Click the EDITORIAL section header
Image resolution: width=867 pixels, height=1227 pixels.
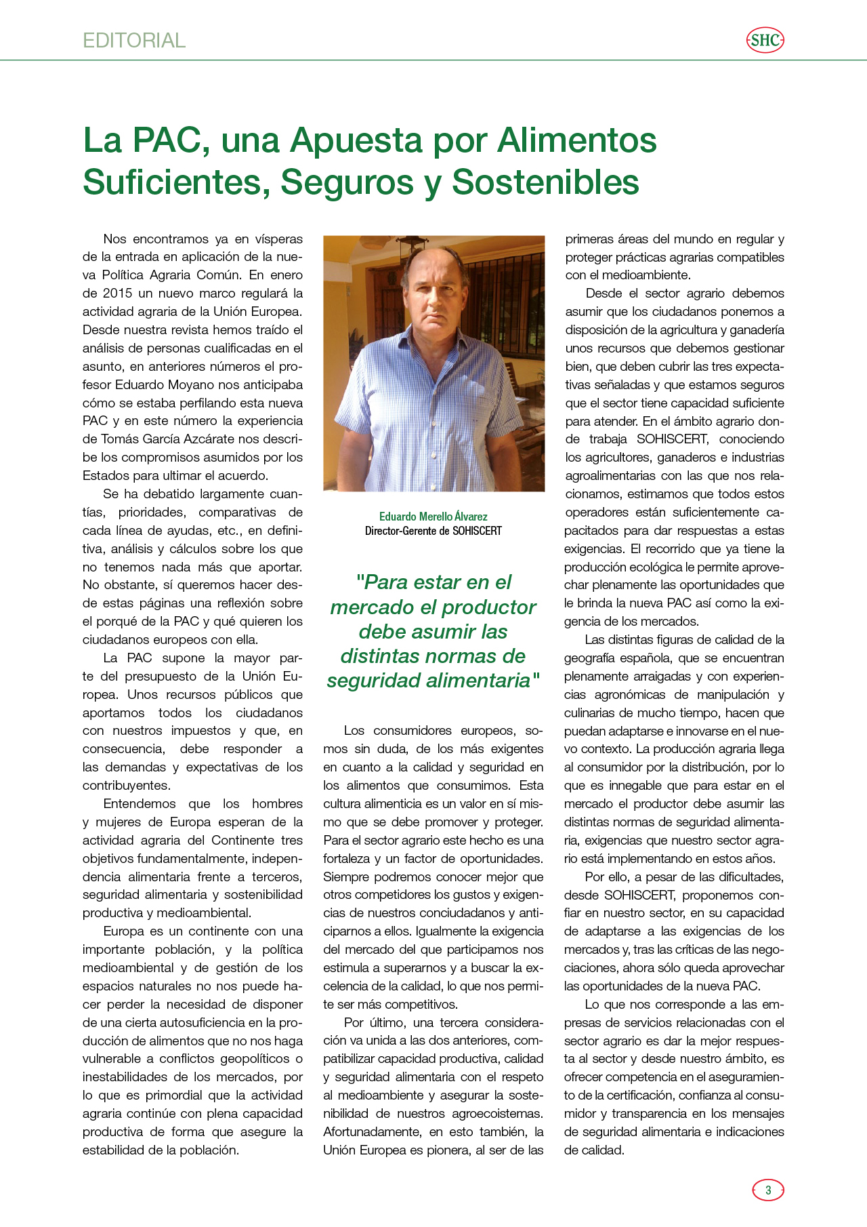click(x=134, y=41)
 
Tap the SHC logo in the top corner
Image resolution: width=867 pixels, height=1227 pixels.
click(x=765, y=41)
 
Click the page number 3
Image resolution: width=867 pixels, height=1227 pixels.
click(x=768, y=1190)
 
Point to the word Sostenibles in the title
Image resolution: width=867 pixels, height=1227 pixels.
click(x=545, y=182)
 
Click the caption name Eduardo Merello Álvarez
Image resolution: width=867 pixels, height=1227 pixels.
click(x=433, y=517)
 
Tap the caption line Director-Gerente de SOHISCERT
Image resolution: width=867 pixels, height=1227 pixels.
click(x=433, y=531)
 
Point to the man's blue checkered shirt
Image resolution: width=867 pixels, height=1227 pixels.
click(x=433, y=407)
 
